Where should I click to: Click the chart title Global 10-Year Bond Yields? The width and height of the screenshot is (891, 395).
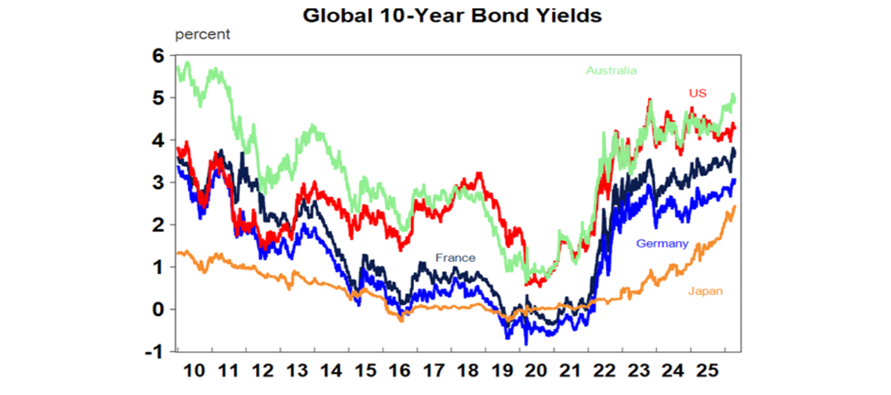point(452,15)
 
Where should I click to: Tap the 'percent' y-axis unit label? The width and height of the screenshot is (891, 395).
point(202,34)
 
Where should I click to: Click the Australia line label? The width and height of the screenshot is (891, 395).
point(611,71)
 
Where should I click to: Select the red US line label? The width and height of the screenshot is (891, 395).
point(697,93)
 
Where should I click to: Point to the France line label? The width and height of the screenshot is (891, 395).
point(455,258)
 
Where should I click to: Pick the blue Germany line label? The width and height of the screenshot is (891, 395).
point(662,244)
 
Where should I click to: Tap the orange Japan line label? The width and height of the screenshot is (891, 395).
point(705,292)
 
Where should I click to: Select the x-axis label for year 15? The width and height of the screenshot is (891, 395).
point(365,371)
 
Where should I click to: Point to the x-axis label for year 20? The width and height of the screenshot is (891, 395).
point(537,371)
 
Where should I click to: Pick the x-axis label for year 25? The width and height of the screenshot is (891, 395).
point(708,371)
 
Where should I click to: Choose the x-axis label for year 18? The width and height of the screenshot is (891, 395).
point(468,371)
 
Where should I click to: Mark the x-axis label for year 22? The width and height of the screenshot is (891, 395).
point(605,371)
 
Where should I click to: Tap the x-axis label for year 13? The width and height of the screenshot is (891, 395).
point(297,371)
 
